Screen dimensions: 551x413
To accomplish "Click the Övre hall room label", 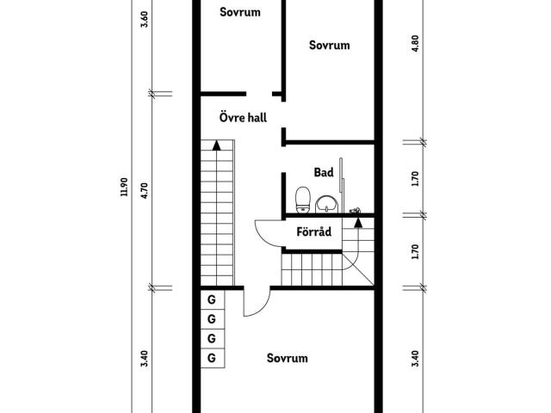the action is click(243, 117).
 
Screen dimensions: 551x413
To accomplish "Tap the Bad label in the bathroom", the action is click(324, 172).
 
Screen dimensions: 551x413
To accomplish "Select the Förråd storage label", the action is click(313, 231).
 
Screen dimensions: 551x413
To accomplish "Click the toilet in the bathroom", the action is click(303, 200).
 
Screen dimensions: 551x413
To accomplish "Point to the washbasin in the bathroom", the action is click(327, 204).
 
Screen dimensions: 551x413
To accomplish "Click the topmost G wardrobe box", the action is click(213, 299).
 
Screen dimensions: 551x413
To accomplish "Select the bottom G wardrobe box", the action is click(213, 358).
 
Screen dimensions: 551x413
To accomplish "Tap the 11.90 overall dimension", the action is click(124, 187).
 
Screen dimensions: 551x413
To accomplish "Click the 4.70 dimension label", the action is click(144, 190).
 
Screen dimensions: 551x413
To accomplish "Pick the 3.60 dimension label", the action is click(144, 19).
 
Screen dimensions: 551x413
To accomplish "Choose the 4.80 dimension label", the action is click(415, 44).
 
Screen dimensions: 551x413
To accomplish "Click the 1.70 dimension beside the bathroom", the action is click(415, 179).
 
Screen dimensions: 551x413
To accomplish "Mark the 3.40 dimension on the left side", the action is click(144, 359).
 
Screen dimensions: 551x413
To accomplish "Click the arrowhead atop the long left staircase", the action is click(216, 145).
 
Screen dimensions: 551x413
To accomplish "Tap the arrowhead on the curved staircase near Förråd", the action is click(358, 222).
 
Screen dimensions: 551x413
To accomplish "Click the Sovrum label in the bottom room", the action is click(287, 358).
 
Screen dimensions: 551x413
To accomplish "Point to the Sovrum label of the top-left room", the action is click(240, 12).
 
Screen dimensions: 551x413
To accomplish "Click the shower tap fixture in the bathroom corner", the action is click(356, 211).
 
